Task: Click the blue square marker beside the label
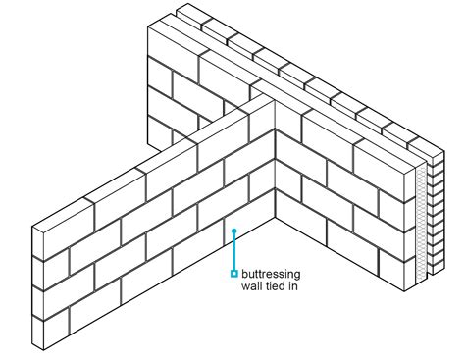coord(233,273)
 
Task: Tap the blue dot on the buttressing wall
coord(233,231)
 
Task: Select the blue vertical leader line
coord(233,252)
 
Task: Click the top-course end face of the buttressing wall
coord(38,238)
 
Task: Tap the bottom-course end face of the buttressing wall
coord(38,334)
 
